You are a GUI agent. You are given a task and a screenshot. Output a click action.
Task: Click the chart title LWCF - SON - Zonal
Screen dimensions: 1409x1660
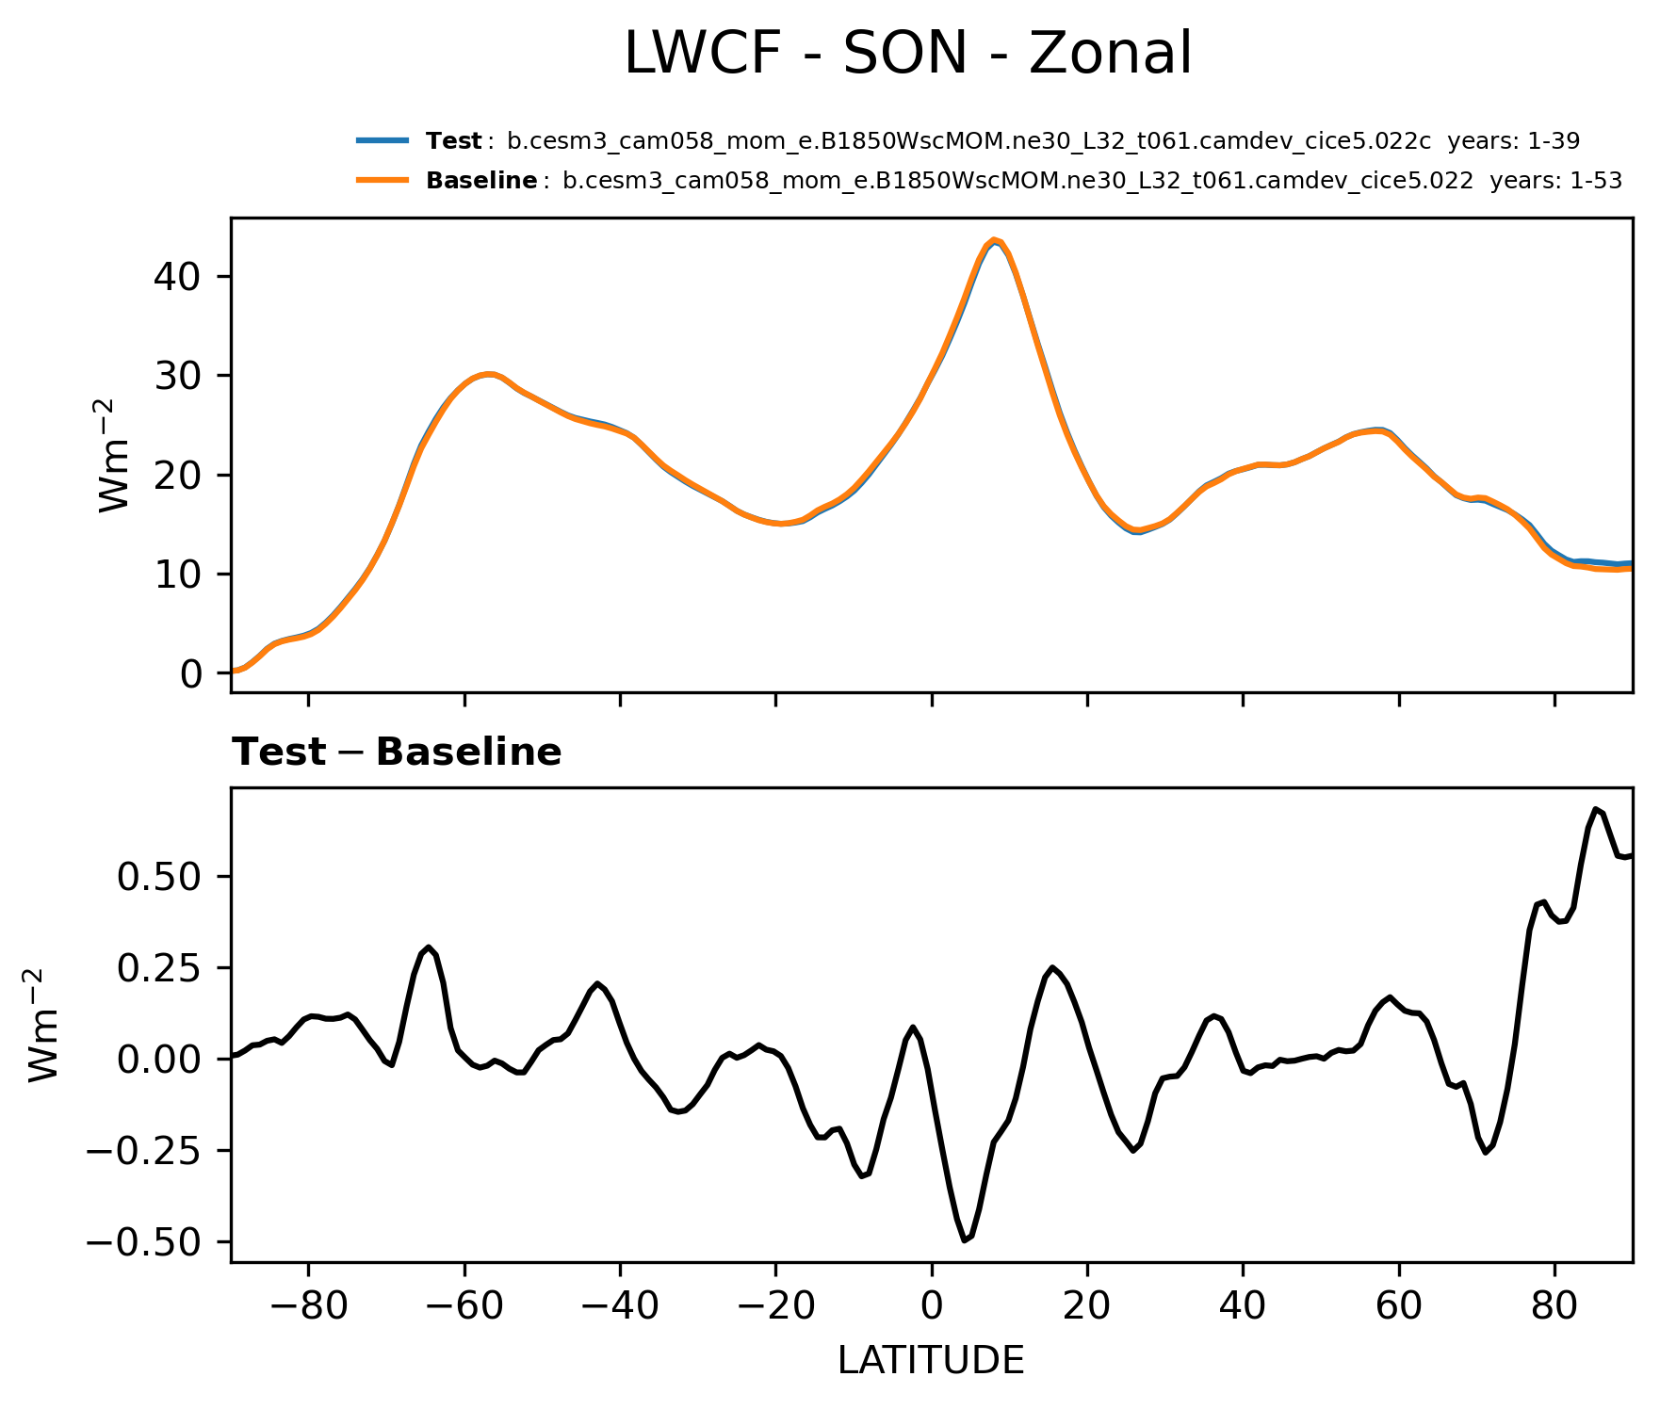coord(908,54)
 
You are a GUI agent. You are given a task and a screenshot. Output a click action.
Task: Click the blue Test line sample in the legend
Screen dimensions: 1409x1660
coord(382,141)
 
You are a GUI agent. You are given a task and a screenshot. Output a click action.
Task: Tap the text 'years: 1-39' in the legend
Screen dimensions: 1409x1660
coord(1513,141)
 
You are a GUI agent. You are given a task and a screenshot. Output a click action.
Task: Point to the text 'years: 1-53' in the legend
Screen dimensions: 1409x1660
coord(1555,181)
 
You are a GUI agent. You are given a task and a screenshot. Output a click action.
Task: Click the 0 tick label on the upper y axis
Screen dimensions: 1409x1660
coord(192,674)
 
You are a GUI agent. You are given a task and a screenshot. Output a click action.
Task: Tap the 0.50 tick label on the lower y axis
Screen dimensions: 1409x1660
coord(158,877)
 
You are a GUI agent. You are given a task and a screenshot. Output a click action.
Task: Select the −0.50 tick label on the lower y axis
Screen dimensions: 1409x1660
coord(145,1243)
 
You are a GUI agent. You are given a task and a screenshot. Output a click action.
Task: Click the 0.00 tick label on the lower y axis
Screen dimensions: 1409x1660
coord(158,1061)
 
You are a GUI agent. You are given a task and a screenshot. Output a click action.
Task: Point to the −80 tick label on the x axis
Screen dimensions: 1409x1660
coord(308,1306)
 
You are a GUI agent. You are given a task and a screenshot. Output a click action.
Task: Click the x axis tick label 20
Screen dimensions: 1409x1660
coord(1087,1306)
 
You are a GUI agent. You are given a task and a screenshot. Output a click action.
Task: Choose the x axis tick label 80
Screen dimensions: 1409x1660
coord(1554,1306)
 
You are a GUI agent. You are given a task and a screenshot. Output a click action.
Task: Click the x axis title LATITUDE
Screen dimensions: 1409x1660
coord(931,1361)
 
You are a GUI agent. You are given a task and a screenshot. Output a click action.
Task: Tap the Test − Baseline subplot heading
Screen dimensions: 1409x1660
coord(397,753)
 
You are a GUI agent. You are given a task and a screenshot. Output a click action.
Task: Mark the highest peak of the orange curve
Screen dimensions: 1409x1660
coord(995,240)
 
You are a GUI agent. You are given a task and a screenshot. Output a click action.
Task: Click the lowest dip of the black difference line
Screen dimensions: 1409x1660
coord(965,1240)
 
